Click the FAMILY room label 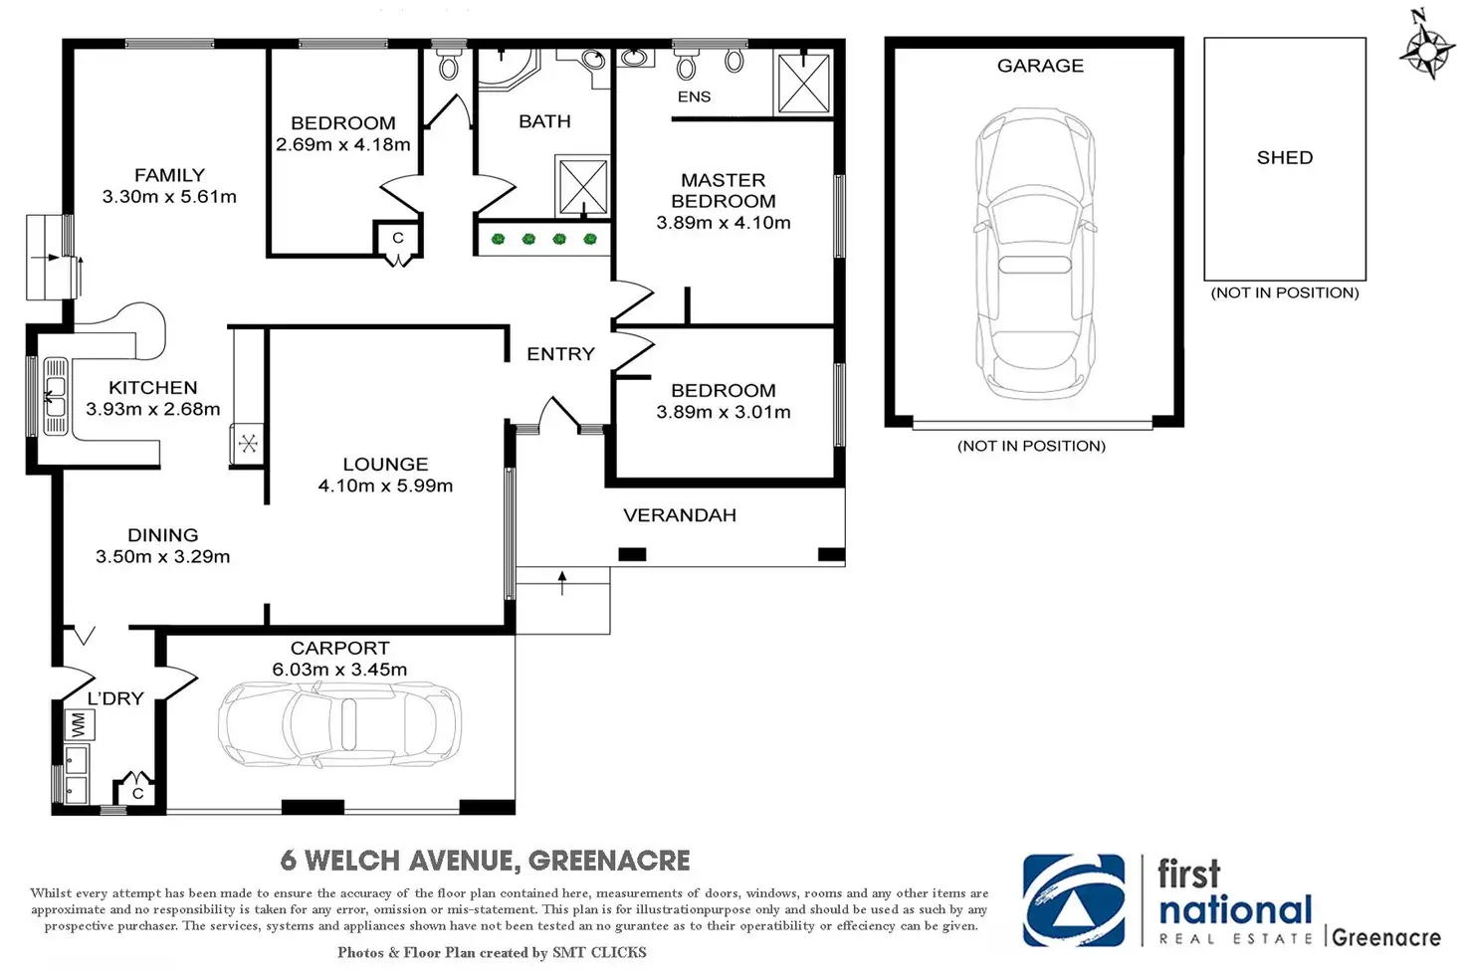pos(169,175)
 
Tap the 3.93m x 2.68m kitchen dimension pos(153,409)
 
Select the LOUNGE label pos(385,465)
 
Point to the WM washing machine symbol pos(80,725)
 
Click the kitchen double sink pos(56,397)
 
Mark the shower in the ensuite pos(804,84)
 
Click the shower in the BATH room pos(582,186)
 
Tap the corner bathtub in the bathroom pos(509,68)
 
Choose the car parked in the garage pos(1035,253)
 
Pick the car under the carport pos(339,724)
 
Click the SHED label pos(1285,157)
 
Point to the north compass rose pos(1427,49)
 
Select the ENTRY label pos(560,353)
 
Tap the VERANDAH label pos(680,515)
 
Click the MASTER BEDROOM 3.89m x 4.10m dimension pos(724,223)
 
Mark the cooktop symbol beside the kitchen pos(248,444)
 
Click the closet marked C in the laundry pos(136,789)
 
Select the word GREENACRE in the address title pos(609,861)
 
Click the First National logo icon pos(1074,900)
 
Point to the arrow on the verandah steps pos(561,583)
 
